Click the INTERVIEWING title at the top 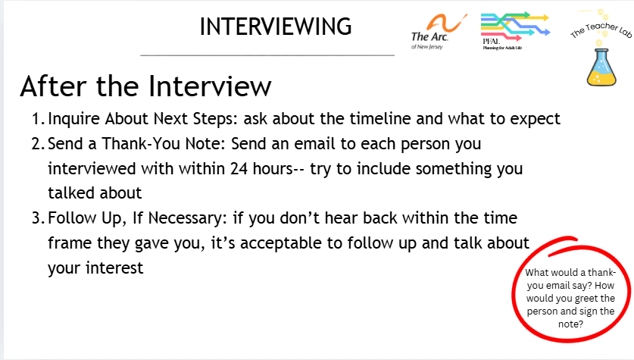pyautogui.click(x=276, y=27)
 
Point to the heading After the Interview pyautogui.click(x=145, y=86)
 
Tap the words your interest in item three pyautogui.click(x=95, y=268)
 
